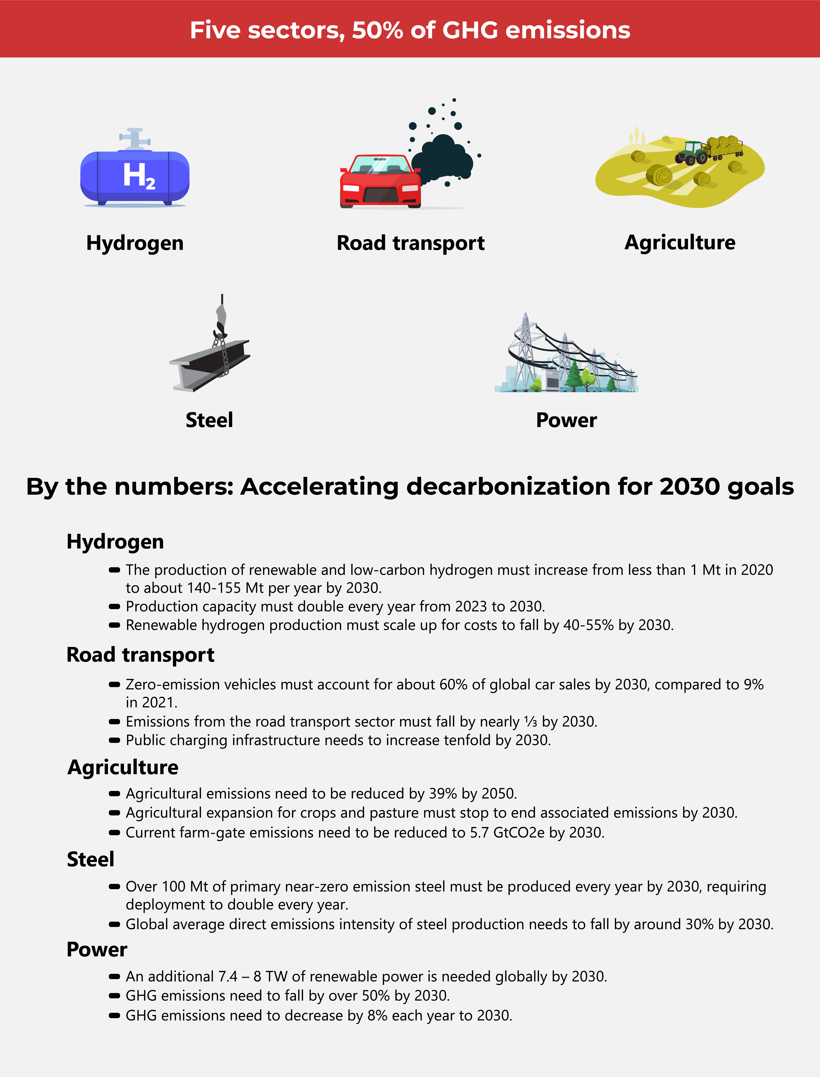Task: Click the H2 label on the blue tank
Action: pos(139,176)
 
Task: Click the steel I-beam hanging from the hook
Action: pos(210,364)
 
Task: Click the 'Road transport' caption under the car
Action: pos(410,243)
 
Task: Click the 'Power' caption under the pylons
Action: pos(566,420)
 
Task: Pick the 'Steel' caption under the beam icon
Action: pos(209,420)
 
